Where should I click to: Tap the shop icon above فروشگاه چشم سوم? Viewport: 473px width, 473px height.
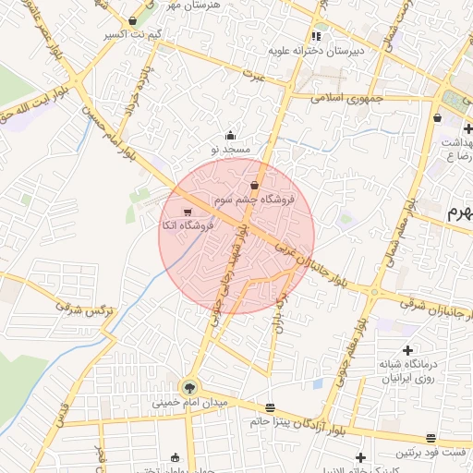(x=254, y=186)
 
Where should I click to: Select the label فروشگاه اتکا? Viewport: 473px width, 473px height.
(x=188, y=225)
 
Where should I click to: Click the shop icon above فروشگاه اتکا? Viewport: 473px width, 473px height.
(x=188, y=212)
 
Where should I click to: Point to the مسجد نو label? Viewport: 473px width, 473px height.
(x=229, y=148)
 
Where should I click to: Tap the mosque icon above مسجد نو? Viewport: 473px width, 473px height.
(x=229, y=135)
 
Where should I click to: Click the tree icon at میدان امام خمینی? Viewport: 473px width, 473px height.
(x=189, y=388)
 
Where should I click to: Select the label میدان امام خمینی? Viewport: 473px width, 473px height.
(x=189, y=404)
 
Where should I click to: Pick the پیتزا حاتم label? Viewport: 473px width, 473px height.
(x=270, y=421)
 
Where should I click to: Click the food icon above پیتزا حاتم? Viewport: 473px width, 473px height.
(x=270, y=407)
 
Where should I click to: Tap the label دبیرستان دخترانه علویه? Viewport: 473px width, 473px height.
(x=318, y=51)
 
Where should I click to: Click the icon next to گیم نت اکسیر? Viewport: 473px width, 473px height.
(x=133, y=21)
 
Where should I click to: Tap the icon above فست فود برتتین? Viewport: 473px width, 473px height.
(x=431, y=439)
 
